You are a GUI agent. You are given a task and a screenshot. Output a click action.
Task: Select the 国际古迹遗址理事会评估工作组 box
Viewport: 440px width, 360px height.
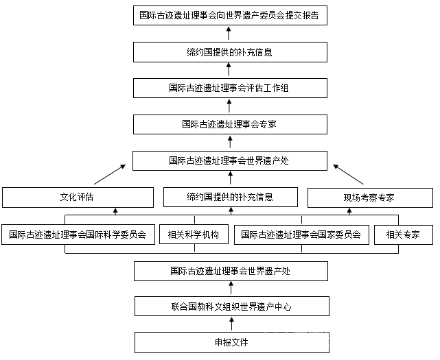(229, 88)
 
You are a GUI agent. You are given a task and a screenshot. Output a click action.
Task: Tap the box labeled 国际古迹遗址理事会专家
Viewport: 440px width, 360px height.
(229, 125)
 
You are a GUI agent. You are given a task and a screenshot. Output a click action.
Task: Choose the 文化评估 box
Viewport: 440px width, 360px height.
(77, 197)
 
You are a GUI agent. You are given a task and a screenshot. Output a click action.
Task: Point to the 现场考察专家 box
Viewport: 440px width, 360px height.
(369, 197)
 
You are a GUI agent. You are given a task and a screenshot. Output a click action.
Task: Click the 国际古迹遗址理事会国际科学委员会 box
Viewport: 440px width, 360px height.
(77, 235)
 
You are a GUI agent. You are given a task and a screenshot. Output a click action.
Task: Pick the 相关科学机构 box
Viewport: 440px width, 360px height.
(193, 235)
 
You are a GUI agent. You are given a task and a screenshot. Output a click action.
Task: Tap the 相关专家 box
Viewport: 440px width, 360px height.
(403, 235)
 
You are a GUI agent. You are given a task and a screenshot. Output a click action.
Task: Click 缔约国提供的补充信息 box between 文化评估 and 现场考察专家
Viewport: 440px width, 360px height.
(230, 197)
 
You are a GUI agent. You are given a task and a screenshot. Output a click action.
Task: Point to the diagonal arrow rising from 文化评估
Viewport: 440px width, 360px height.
(109, 173)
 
